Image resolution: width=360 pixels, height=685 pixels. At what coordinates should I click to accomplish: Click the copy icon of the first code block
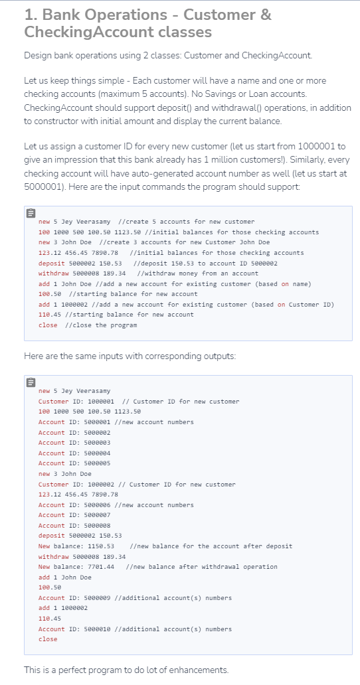[31, 214]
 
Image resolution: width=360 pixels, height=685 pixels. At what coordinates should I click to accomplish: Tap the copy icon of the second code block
[31, 383]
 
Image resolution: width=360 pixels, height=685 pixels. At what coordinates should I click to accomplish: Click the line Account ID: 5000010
[74, 629]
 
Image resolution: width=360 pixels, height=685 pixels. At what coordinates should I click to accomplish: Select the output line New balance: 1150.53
[77, 546]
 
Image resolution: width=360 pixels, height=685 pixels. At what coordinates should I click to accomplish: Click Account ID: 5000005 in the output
[74, 463]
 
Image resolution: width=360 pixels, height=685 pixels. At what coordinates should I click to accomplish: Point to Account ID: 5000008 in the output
[74, 525]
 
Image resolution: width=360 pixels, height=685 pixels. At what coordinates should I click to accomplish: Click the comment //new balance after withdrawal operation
[201, 567]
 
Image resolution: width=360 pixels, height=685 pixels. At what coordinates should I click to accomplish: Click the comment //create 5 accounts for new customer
[185, 222]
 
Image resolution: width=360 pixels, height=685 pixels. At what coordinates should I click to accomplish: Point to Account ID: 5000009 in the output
[74, 597]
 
